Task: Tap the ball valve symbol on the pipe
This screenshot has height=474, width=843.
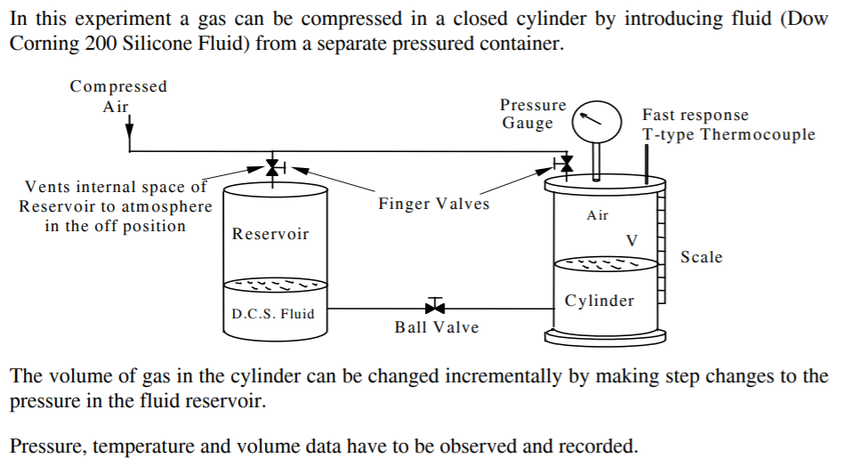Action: [x=435, y=308]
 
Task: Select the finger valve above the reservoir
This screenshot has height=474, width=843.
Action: [x=274, y=166]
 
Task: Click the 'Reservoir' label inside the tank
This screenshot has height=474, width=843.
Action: [x=270, y=234]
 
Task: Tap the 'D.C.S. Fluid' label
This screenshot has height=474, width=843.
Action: [x=273, y=314]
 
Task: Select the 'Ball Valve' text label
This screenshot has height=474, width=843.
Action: [x=437, y=327]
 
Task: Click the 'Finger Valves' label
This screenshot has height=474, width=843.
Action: [x=434, y=204]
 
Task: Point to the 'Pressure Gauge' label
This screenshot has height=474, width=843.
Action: [x=533, y=114]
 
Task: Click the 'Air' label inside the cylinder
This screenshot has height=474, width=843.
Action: [x=598, y=215]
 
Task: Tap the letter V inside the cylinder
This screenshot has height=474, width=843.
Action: [x=632, y=240]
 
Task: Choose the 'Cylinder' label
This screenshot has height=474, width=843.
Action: [x=599, y=301]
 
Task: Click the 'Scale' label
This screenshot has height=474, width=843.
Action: [x=702, y=257]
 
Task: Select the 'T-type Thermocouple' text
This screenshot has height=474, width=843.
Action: [x=728, y=134]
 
